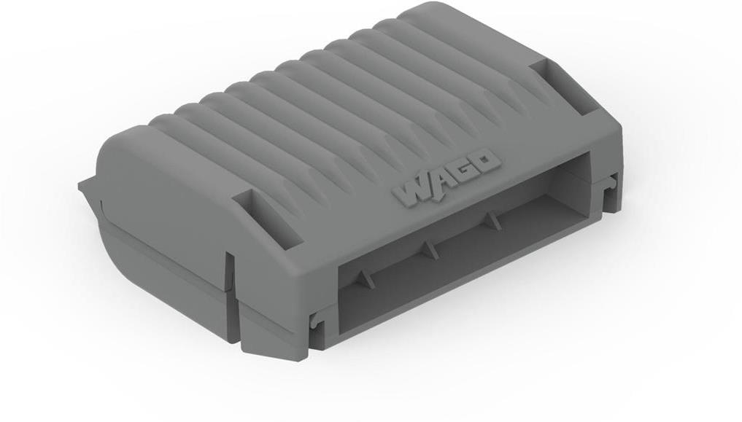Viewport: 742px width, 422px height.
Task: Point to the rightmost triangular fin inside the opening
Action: (x=494, y=219)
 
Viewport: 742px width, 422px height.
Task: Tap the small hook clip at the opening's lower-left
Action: (x=315, y=321)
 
